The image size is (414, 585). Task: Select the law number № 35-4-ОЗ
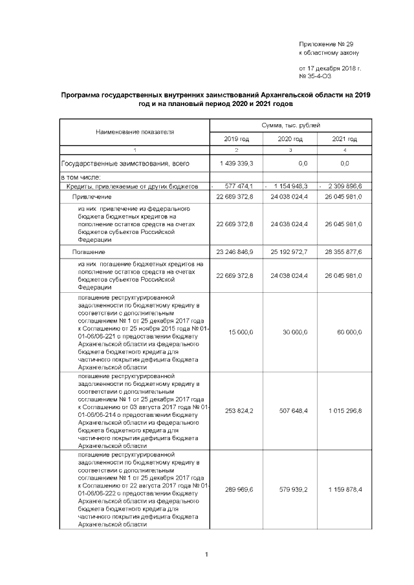pyautogui.click(x=315, y=76)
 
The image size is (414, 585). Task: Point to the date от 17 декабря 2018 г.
pyautogui.click(x=330, y=67)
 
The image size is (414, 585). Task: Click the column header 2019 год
pyautogui.click(x=236, y=139)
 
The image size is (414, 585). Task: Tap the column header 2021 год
pyautogui.click(x=344, y=139)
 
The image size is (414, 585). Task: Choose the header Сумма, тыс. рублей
pyautogui.click(x=290, y=125)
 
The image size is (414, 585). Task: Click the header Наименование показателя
pyautogui.click(x=135, y=132)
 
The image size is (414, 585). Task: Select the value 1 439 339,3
pyautogui.click(x=235, y=164)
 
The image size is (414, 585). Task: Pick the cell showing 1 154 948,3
pyautogui.click(x=290, y=186)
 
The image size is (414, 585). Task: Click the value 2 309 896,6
pyautogui.click(x=345, y=186)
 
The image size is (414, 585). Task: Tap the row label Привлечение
pyautogui.click(x=92, y=197)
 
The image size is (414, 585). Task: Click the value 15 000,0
pyautogui.click(x=240, y=332)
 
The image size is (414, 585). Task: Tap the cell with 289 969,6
pyautogui.click(x=237, y=490)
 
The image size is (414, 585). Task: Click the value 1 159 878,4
pyautogui.click(x=344, y=490)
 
